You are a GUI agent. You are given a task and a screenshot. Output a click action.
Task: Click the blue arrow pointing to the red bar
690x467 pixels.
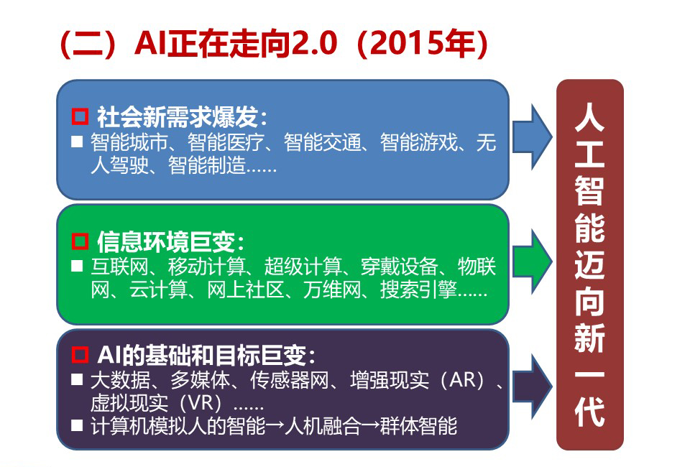pyautogui.click(x=532, y=137)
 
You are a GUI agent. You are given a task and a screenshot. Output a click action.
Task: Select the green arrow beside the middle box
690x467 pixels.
pyautogui.click(x=532, y=262)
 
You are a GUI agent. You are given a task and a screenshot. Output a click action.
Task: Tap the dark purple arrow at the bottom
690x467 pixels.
pyautogui.click(x=532, y=386)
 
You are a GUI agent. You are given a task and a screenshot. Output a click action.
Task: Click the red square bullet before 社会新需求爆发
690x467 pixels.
pyautogui.click(x=80, y=116)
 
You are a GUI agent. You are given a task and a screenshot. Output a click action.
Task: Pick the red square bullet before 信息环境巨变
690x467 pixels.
pyautogui.click(x=80, y=241)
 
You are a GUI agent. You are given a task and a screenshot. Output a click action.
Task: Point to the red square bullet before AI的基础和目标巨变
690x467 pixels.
pyautogui.click(x=80, y=354)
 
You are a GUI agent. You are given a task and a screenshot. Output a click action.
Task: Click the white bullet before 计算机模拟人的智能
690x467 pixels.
pyautogui.click(x=77, y=425)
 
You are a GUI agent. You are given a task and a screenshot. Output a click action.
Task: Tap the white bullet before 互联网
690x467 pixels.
pyautogui.click(x=77, y=266)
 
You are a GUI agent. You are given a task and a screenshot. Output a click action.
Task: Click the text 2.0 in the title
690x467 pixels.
pyautogui.click(x=314, y=44)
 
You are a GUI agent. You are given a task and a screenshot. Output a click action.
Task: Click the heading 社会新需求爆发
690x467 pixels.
pyautogui.click(x=177, y=117)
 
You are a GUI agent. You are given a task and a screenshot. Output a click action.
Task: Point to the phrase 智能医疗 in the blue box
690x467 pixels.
pyautogui.click(x=226, y=142)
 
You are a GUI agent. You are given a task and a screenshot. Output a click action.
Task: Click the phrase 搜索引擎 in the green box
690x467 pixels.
pyautogui.click(x=418, y=290)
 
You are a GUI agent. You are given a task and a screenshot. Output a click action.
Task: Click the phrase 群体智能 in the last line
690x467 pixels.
pyautogui.click(x=418, y=425)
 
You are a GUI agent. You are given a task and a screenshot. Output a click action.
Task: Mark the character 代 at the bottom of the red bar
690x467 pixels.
pyautogui.click(x=589, y=412)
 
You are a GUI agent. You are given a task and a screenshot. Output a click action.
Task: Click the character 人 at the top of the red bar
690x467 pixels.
pyautogui.click(x=589, y=117)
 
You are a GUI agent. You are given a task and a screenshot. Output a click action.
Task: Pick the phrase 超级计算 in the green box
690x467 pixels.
pyautogui.click(x=303, y=267)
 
